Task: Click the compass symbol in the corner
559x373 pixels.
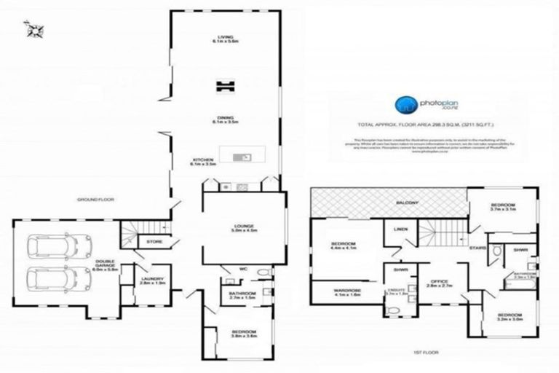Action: point(33,30)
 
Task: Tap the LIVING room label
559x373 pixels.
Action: point(223,39)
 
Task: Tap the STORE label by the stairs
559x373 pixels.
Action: point(154,240)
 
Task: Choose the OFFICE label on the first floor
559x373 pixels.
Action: point(434,282)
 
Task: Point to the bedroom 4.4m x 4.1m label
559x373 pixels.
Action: point(342,245)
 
